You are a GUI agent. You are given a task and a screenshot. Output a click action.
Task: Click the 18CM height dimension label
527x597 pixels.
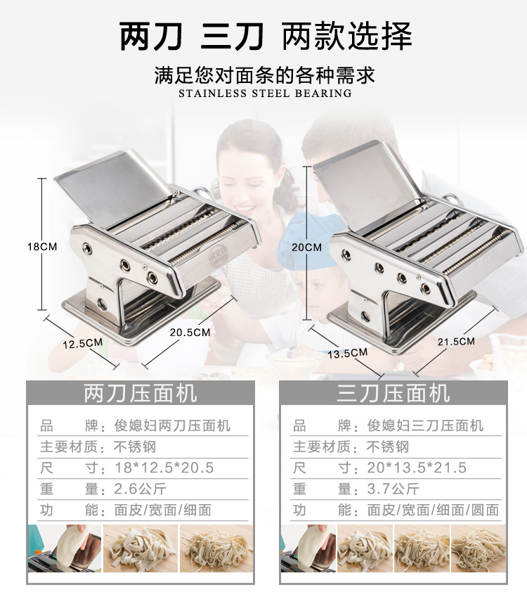[42, 247]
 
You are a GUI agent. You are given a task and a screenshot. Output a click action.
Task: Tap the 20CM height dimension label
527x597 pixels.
[306, 247]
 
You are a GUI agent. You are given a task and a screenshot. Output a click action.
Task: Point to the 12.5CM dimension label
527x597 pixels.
[83, 343]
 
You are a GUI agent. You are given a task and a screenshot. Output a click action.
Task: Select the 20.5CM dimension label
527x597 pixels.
[190, 333]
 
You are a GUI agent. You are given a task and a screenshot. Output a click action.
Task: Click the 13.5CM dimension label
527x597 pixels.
[347, 353]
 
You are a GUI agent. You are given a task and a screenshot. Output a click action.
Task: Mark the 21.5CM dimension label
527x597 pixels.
[456, 341]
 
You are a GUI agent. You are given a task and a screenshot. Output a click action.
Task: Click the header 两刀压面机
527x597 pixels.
[141, 393]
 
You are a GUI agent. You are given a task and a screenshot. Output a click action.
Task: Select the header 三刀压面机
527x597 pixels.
[393, 393]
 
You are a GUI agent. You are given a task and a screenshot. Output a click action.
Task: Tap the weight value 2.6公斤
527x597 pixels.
[140, 489]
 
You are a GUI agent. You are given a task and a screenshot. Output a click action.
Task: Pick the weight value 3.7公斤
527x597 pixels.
[393, 489]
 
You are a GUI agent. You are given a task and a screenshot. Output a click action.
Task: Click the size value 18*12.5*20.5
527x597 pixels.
[164, 468]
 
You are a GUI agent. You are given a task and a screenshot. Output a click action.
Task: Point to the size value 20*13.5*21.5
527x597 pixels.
[417, 468]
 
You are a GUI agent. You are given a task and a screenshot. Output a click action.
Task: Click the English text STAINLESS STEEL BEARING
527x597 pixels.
[265, 94]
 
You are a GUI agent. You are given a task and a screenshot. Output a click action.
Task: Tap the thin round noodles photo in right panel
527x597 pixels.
[479, 548]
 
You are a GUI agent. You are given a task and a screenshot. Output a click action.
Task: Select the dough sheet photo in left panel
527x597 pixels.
[65, 548]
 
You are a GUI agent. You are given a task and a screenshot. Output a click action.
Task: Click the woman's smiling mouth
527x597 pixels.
[245, 209]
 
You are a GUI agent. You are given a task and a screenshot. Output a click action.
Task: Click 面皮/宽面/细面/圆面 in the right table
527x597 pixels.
[433, 511]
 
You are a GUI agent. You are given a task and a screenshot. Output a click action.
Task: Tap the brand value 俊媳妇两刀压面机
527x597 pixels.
[172, 425]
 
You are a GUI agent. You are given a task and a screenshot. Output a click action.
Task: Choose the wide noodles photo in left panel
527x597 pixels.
[141, 548]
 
